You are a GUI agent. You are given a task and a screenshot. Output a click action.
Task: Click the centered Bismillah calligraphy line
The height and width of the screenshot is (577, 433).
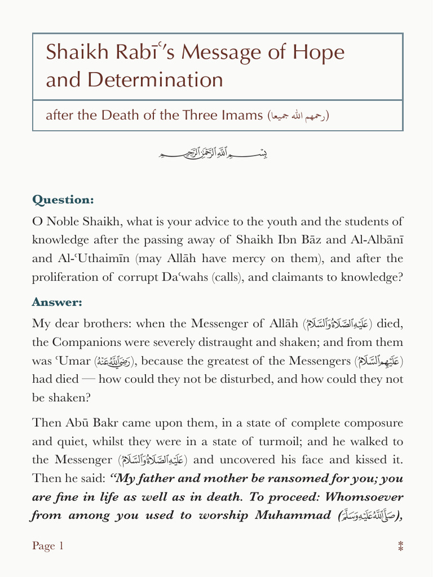click(217, 152)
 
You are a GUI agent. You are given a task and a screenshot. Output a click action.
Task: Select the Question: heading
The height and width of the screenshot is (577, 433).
click(63, 200)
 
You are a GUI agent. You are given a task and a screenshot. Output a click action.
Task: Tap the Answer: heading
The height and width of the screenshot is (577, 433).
click(57, 303)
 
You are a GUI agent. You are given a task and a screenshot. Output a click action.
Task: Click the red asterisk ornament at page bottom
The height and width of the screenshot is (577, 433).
click(400, 546)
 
